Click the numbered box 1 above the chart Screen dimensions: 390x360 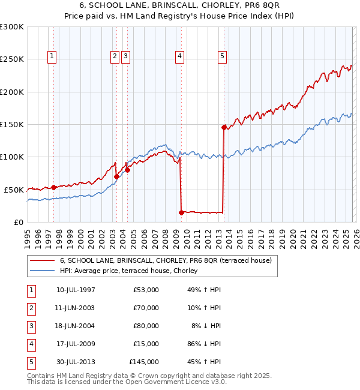[53, 56]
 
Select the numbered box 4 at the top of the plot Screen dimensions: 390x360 [179, 56]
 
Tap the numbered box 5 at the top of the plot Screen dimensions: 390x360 [222, 56]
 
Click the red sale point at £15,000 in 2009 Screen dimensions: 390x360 [181, 212]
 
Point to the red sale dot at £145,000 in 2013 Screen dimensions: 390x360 [224, 127]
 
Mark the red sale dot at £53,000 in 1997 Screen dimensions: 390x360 [54, 187]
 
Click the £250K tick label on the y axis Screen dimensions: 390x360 [12, 59]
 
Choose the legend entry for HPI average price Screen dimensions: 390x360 [132, 271]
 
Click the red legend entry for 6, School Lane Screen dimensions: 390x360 [166, 260]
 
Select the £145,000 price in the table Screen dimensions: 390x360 [144, 362]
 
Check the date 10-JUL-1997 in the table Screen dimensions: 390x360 [76, 290]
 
